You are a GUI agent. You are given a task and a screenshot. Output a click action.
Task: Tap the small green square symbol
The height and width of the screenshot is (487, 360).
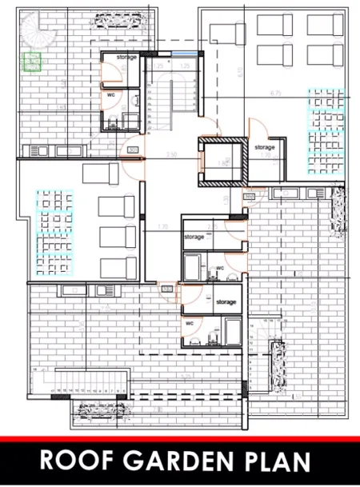33,61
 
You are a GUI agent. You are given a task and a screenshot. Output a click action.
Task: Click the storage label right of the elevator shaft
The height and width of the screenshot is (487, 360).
265,147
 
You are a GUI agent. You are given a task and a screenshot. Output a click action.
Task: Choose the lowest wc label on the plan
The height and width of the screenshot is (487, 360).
190,323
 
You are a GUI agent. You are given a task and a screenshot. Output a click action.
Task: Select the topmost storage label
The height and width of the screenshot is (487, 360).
126,58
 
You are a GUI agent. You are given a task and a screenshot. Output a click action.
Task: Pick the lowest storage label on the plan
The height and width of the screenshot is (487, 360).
226,302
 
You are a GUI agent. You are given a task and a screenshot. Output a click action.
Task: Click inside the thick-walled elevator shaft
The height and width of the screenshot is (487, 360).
222,162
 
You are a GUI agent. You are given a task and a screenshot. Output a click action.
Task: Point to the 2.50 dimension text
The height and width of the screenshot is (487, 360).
170,154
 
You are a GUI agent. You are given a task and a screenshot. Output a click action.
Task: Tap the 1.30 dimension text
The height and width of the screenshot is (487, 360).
162,226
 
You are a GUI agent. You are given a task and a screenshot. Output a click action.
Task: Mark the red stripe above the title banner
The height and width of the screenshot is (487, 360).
180,439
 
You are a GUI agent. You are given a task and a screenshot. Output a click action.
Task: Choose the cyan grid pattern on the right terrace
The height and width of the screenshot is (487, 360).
326,132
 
